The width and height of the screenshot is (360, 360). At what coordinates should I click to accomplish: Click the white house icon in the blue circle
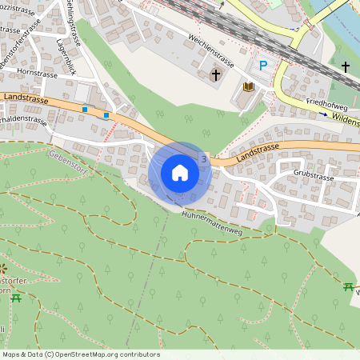click(x=180, y=173)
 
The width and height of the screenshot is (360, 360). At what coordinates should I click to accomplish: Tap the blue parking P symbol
click(x=262, y=65)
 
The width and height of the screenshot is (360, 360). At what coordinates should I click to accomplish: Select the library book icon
click(x=248, y=86)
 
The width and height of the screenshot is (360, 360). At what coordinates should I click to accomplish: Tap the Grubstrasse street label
click(x=312, y=172)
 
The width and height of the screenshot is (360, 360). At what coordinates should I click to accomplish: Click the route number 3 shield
click(x=205, y=160)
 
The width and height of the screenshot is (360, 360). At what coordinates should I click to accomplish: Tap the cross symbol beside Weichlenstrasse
click(x=214, y=75)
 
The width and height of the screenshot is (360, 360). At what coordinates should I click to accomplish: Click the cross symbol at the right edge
click(x=346, y=66)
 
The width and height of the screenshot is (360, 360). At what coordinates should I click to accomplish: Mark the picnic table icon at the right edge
click(x=349, y=286)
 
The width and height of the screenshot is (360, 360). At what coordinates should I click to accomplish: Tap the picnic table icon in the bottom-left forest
click(x=16, y=298)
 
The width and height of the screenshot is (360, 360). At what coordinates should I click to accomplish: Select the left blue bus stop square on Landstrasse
click(x=85, y=109)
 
